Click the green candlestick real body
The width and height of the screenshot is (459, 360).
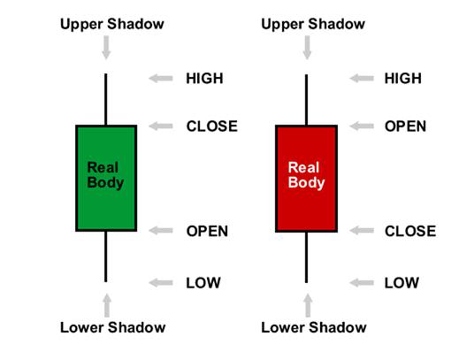tap(106, 178)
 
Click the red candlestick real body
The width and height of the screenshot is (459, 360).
tap(306, 179)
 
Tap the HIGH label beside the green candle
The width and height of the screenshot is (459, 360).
tap(204, 79)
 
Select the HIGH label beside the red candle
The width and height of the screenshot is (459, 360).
tap(402, 79)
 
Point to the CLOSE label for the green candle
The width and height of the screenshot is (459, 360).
tap(211, 126)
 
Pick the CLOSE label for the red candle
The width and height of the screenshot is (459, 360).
tap(410, 231)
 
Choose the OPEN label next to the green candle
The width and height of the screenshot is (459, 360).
tap(207, 231)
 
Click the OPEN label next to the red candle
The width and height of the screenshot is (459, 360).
tap(405, 126)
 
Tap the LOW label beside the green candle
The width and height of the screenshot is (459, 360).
tap(203, 283)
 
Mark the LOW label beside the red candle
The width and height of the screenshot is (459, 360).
tap(402, 283)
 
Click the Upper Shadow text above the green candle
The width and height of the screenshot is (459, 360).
tap(112, 24)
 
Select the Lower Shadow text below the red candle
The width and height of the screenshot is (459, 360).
tap(314, 327)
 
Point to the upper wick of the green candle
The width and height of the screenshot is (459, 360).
tap(106, 99)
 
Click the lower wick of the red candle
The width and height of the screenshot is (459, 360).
tap(307, 257)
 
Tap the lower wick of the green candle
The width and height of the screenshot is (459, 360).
tap(106, 257)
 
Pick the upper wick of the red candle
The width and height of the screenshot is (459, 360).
tap(307, 100)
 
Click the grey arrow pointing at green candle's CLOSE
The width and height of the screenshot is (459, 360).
tap(161, 126)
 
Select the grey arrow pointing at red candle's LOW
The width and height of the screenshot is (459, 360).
tap(362, 283)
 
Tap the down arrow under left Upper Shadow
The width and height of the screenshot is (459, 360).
tap(106, 48)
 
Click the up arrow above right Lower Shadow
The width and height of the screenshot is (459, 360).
tap(308, 305)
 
